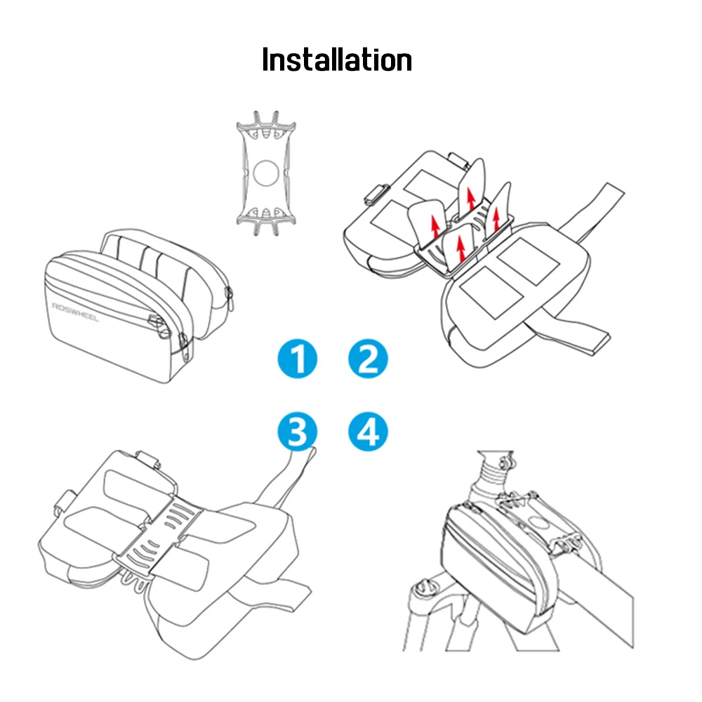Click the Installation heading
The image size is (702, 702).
(x=337, y=60)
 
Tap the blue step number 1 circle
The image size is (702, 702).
(x=297, y=359)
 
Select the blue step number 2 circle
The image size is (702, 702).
(x=368, y=359)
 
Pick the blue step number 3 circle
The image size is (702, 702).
(x=297, y=432)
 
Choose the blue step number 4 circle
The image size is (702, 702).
(x=368, y=432)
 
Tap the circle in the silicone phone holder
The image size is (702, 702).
(x=266, y=173)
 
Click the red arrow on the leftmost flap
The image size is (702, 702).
(x=435, y=227)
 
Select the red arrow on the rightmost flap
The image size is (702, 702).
(x=496, y=218)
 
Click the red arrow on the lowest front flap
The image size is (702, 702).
(x=461, y=248)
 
